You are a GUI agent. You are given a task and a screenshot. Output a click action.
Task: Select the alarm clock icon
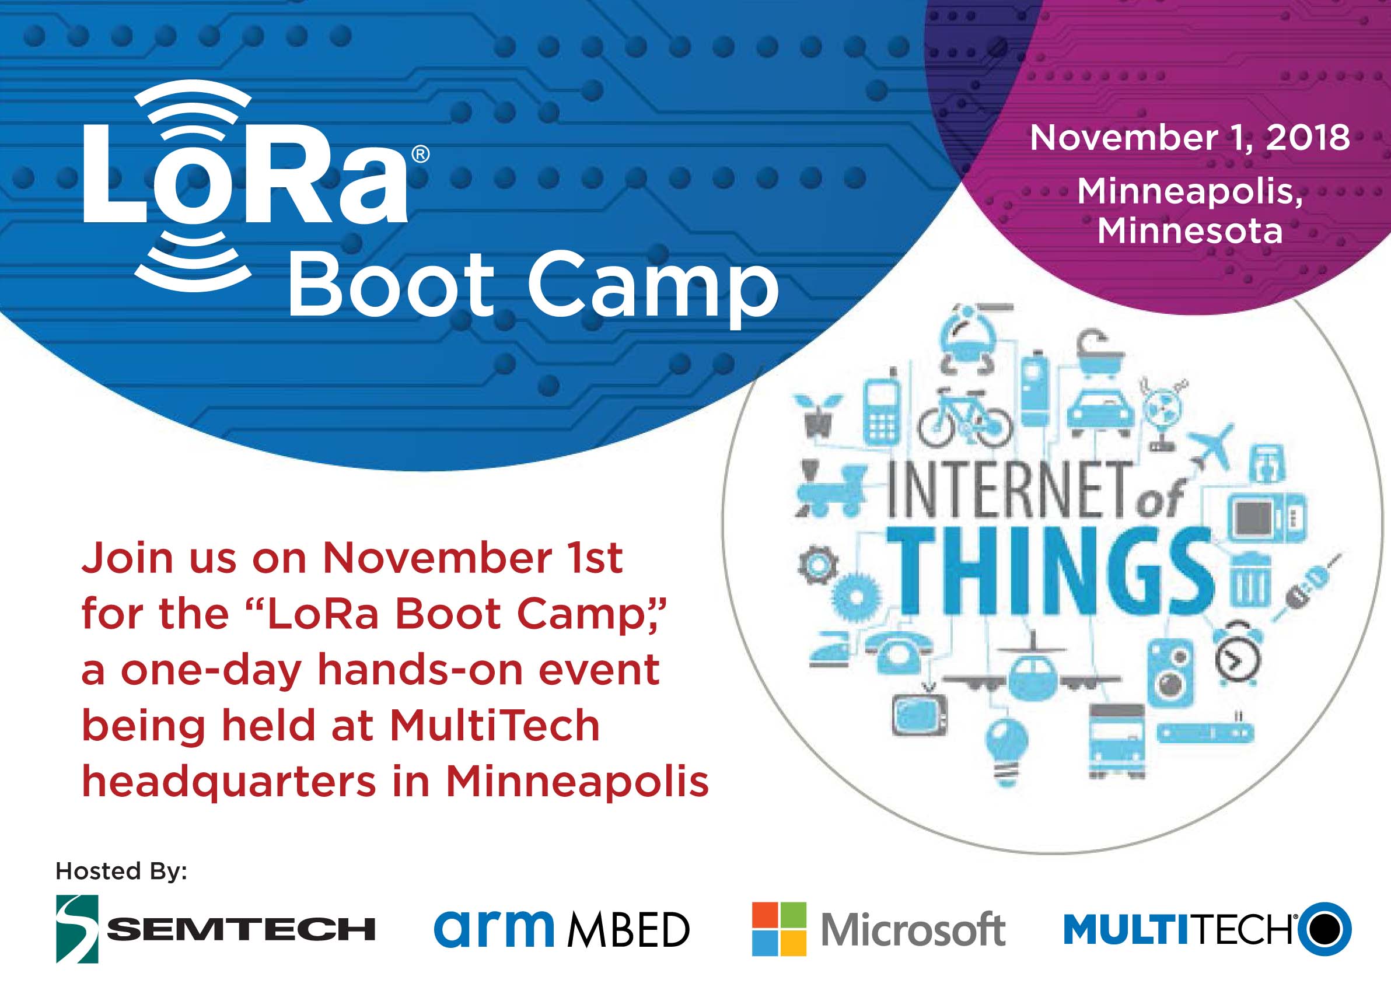tap(1238, 654)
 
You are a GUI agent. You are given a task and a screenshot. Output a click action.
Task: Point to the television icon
tap(920, 712)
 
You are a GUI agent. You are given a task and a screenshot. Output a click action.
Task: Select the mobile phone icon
tap(882, 407)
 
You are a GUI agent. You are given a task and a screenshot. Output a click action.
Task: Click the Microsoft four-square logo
tap(779, 929)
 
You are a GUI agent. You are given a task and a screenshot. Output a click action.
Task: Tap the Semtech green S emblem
tap(77, 929)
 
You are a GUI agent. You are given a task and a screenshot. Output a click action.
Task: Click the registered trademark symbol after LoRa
tap(421, 154)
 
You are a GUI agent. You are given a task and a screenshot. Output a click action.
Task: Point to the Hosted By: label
tap(121, 871)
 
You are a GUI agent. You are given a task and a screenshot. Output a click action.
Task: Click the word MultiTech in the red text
tap(494, 726)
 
